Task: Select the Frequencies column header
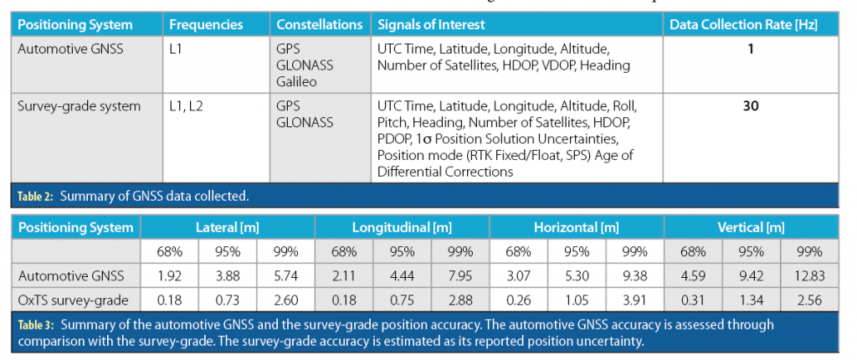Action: point(205,25)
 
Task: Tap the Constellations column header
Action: point(319,25)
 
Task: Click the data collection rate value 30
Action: point(751,106)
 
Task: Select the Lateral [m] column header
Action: point(227,228)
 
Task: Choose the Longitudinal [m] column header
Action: point(401,228)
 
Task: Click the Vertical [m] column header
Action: point(751,228)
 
